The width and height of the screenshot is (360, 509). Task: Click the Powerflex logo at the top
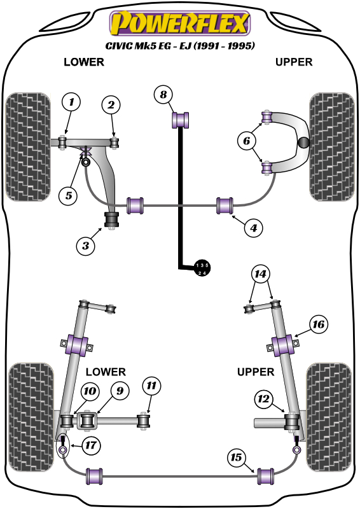tap(180, 24)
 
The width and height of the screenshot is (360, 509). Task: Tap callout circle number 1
tap(71, 102)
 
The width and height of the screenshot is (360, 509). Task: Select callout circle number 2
tap(111, 105)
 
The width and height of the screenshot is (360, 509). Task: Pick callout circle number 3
tap(87, 244)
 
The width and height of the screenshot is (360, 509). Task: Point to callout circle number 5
tap(68, 195)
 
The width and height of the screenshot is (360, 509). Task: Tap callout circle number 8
tap(163, 95)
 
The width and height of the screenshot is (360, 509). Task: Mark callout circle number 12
tap(263, 399)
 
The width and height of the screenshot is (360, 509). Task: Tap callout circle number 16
tap(319, 325)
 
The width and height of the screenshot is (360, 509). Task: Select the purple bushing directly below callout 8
tap(183, 118)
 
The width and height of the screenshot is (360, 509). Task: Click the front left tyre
tap(27, 146)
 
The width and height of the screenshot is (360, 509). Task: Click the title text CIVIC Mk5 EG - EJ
tap(180, 46)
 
